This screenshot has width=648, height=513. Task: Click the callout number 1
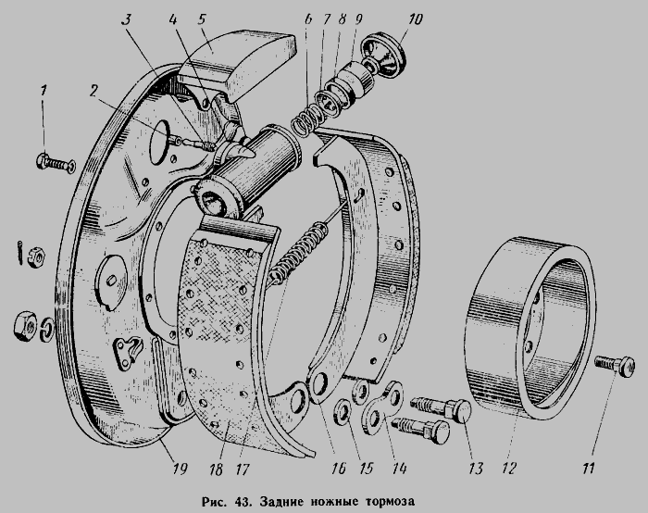(44, 90)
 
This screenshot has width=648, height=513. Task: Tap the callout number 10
(415, 19)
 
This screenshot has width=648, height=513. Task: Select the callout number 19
(180, 469)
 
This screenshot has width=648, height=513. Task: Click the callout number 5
(202, 19)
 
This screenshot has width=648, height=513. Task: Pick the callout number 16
(338, 469)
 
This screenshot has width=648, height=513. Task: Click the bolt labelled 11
(615, 366)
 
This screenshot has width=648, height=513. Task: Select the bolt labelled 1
(56, 162)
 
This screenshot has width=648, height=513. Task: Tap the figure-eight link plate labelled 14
(382, 408)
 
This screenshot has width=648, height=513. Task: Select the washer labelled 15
(342, 411)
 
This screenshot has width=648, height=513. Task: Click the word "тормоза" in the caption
(390, 502)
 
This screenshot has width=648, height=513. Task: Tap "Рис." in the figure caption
(214, 502)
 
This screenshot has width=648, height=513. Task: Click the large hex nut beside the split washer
(26, 326)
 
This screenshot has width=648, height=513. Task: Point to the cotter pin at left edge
(20, 251)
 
